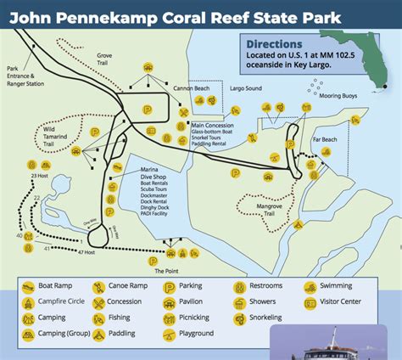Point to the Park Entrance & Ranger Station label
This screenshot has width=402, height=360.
click(x=25, y=77)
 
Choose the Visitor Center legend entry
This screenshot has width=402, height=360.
click(x=341, y=302)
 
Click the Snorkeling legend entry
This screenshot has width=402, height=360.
click(x=265, y=318)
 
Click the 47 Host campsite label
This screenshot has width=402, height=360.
click(x=87, y=253)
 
